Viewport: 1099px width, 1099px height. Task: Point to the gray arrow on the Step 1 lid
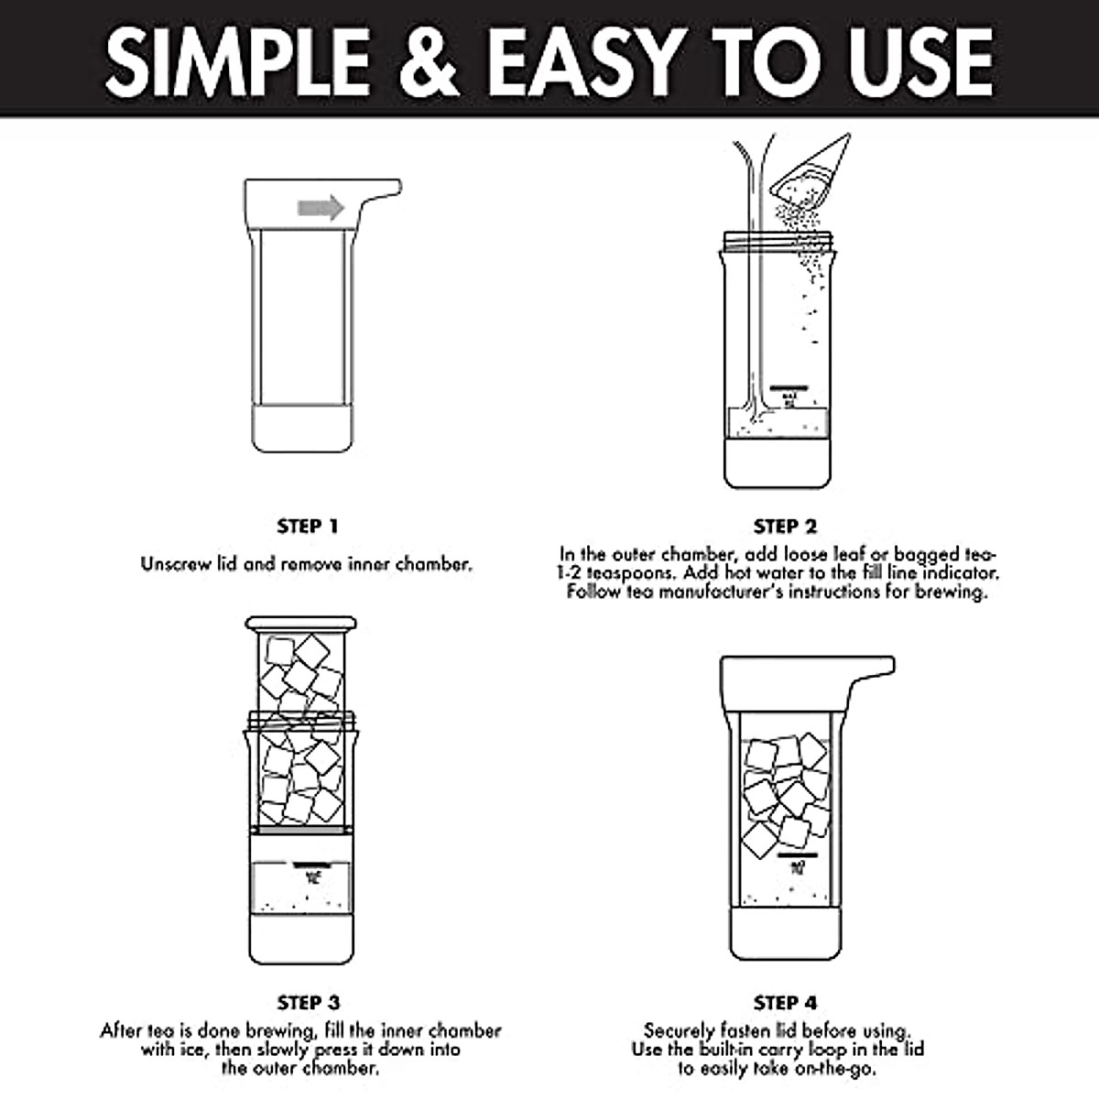pos(321,208)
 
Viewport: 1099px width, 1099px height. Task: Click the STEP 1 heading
pos(308,527)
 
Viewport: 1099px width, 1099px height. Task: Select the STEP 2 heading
pos(785,527)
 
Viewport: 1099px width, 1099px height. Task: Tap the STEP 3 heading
pos(308,1003)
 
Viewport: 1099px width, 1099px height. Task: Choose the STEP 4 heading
pos(785,1003)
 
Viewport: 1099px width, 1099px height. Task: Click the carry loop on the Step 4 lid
pos(870,669)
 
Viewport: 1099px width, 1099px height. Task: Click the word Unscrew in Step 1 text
pos(171,564)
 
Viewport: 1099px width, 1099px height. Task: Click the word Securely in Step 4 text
pos(679,1031)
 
